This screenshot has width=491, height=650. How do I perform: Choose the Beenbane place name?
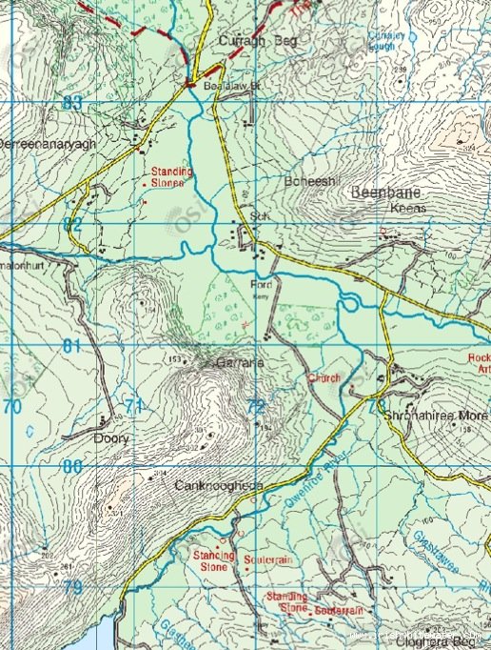pos(382,193)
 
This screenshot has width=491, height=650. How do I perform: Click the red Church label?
pos(324,378)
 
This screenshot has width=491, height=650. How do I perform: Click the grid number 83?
pos(72,103)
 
